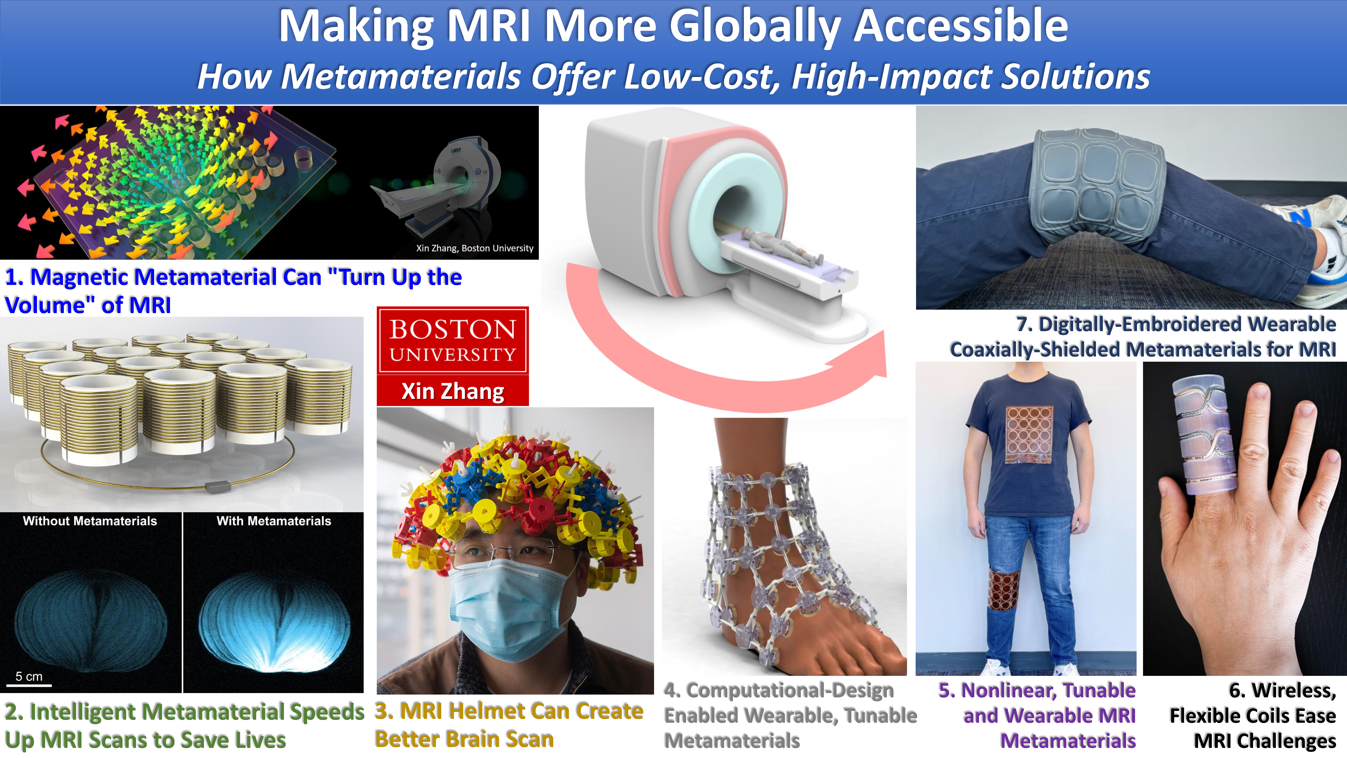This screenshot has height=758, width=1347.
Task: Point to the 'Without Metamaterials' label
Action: pyautogui.click(x=90, y=521)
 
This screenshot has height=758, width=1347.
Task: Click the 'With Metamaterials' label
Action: pyautogui.click(x=274, y=521)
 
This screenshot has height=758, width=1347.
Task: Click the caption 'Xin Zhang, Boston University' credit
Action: pyautogui.click(x=475, y=248)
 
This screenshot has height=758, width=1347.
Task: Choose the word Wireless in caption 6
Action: pyautogui.click(x=1282, y=691)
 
